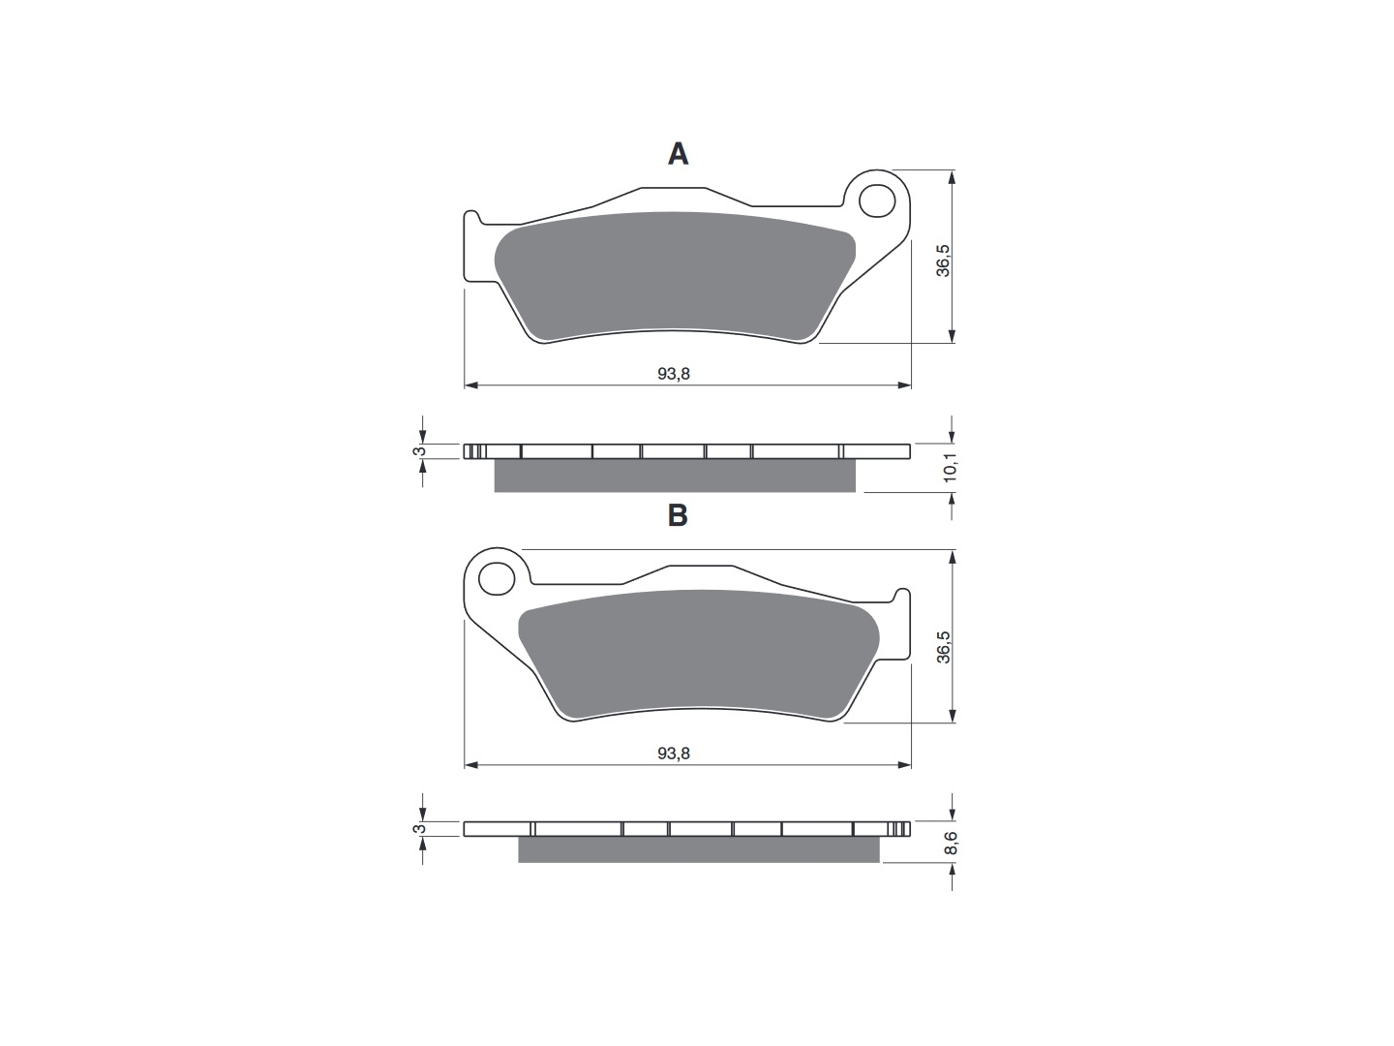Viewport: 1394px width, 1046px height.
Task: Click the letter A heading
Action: (678, 154)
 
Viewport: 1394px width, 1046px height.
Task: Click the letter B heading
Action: (678, 515)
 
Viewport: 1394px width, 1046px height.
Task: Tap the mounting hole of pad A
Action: (877, 201)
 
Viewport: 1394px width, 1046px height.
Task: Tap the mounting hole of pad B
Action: (496, 579)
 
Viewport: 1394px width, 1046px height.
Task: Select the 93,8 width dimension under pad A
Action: (673, 374)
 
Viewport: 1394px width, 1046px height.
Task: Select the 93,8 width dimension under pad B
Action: (673, 754)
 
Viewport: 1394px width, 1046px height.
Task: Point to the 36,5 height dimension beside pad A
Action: (944, 261)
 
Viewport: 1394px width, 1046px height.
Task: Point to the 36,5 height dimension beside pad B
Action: (944, 647)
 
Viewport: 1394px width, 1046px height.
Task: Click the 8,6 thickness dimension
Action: (950, 844)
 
